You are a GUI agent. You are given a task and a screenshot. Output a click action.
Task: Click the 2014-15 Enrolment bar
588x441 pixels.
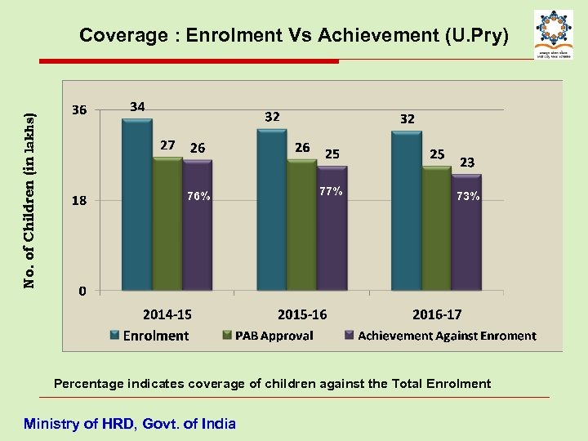136,204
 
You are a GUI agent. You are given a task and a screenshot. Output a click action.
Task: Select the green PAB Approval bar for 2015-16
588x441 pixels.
301,225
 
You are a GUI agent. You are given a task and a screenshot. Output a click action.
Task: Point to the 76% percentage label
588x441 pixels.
198,196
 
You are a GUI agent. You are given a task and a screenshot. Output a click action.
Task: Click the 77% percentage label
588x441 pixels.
332,192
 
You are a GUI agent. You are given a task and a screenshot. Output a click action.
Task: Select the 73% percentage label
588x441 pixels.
468,196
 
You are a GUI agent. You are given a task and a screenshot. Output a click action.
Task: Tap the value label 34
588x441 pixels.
138,106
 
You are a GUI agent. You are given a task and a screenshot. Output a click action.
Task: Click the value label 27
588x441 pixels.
167,145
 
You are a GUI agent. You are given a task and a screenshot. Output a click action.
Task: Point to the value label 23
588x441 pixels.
467,163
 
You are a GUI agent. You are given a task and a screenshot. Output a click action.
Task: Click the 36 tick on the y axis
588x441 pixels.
79,110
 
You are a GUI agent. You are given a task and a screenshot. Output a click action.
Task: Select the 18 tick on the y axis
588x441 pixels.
79,200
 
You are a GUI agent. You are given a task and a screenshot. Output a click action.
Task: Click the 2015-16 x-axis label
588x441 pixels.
301,314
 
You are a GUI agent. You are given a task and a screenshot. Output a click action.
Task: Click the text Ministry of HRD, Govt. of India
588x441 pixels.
130,423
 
